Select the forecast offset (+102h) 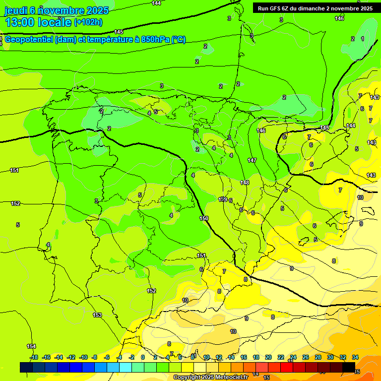88,22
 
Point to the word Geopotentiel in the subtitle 29,40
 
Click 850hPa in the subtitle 155,40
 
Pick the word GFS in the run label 277,8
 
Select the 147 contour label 252,160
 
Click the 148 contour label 245,183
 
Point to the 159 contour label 223,199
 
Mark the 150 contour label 204,218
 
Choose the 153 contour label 98,315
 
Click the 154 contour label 31,346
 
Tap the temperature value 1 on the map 363,39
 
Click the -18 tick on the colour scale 34,357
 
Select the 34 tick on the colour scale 355,357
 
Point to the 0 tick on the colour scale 143,357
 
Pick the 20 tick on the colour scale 268,357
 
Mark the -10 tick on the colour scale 83,357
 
